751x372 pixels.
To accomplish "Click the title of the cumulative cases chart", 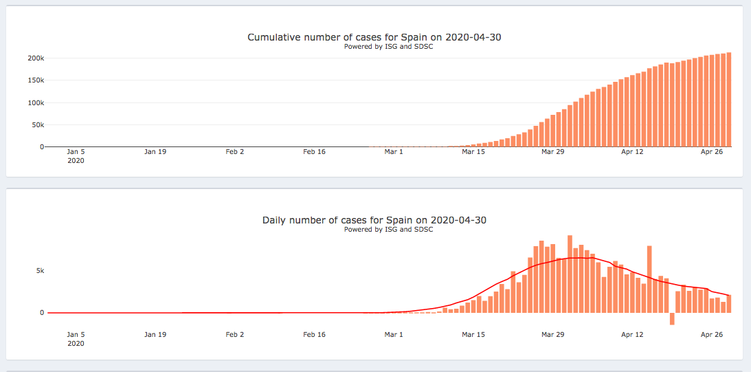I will click(374, 37).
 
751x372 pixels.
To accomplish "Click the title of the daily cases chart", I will click(374, 221).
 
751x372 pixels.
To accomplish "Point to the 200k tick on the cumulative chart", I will click(36, 58).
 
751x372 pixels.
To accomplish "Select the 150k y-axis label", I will click(36, 80).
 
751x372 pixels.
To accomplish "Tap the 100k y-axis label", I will click(36, 103).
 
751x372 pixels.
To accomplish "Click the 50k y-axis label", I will click(38, 125).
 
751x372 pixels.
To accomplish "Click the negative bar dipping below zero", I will click(672, 318).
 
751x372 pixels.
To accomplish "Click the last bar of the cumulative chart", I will click(728, 100).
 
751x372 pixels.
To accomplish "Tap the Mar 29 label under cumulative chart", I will click(552, 151).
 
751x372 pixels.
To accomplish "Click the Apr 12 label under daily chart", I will click(632, 335).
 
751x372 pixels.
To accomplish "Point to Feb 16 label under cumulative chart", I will click(314, 151).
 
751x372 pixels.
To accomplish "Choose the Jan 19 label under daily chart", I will click(155, 335).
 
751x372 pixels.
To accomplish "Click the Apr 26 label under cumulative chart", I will click(712, 151).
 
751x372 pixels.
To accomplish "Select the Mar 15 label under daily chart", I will click(473, 335).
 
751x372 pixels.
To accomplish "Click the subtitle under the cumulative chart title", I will click(388, 47).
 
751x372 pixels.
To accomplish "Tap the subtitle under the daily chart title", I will click(388, 230).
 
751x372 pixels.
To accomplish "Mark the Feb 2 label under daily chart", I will click(235, 335).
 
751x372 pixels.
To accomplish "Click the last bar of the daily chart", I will click(728, 304).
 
